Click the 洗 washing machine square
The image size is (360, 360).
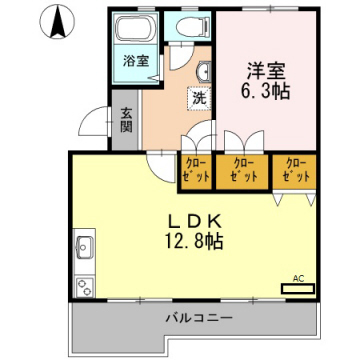[x=199, y=99]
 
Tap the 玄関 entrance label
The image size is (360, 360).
[x=127, y=120]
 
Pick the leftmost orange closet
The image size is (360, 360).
[x=195, y=170]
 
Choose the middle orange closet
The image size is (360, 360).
[x=244, y=170]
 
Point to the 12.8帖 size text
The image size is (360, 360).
[x=194, y=241]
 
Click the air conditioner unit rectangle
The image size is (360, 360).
[x=297, y=288]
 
